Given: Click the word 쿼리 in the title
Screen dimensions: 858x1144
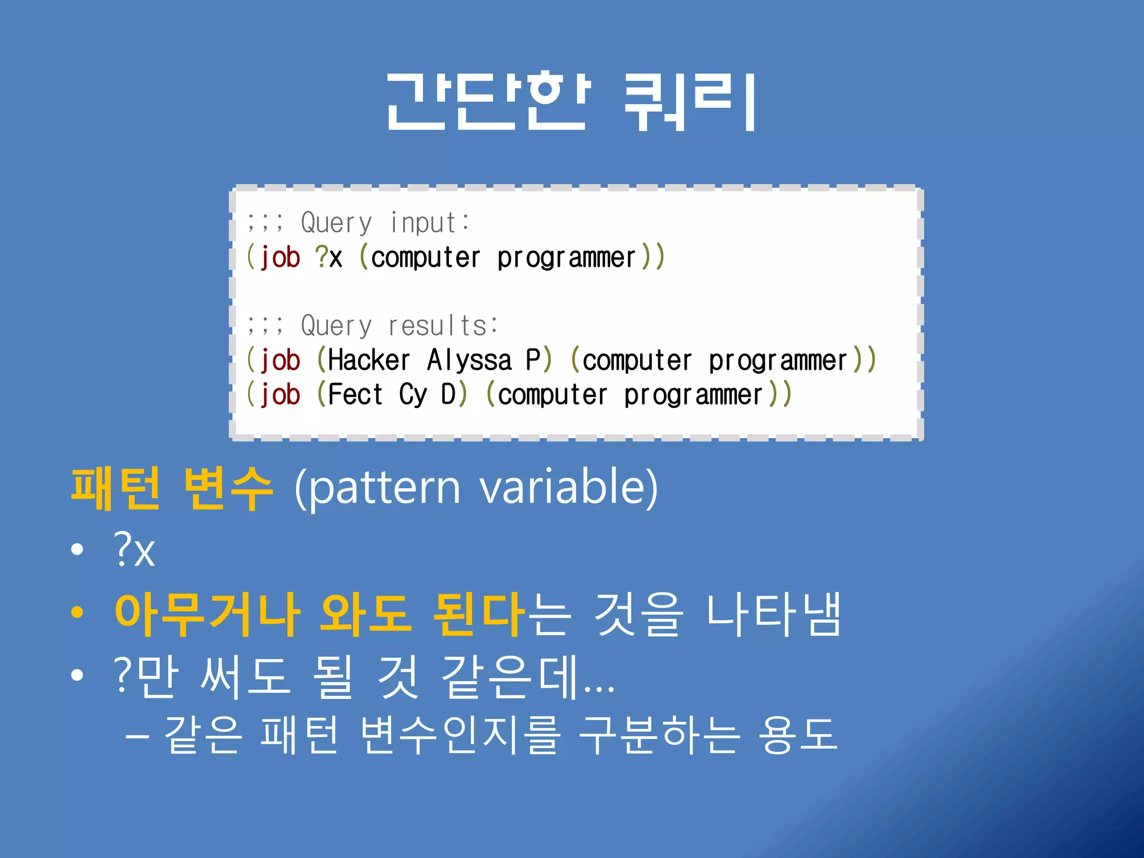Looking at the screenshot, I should [x=690, y=102].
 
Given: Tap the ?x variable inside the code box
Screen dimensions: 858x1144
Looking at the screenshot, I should [x=328, y=258].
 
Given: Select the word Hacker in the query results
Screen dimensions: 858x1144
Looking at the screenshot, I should [x=369, y=360].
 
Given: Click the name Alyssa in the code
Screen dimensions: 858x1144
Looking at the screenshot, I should [x=469, y=360].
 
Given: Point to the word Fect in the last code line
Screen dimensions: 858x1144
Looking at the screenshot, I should [x=355, y=395].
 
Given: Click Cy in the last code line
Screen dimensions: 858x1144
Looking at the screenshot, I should [x=413, y=395].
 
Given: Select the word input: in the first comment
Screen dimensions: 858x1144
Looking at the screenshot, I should [x=429, y=223].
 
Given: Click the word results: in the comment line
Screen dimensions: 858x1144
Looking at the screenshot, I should [x=442, y=326].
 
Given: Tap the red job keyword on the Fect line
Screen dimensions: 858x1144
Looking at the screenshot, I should [x=280, y=395].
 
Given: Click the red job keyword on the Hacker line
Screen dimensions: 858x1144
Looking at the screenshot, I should [x=280, y=360].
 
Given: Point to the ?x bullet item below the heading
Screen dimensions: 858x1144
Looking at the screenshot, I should [x=134, y=550].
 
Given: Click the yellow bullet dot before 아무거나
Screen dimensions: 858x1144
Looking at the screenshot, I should [x=77, y=612].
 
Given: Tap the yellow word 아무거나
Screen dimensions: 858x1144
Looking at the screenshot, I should [x=207, y=614].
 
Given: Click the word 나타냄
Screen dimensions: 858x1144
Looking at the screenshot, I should [x=773, y=614].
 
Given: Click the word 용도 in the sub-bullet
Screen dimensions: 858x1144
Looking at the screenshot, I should [x=798, y=735].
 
